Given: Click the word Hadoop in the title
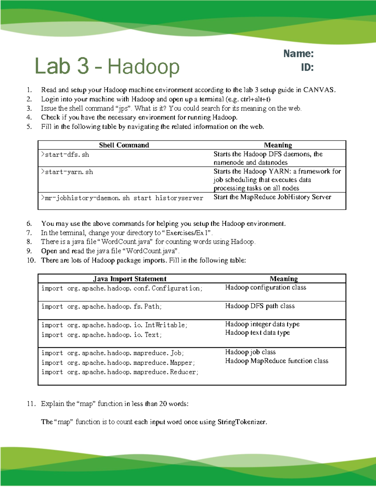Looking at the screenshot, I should pyautogui.click(x=144, y=67).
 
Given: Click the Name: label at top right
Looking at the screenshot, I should pyautogui.click(x=298, y=54).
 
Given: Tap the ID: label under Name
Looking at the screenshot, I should pyautogui.click(x=307, y=67).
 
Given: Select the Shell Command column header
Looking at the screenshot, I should pyautogui.click(x=124, y=145).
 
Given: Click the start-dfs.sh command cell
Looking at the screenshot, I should pyautogui.click(x=65, y=155).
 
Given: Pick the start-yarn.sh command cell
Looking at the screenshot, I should pyautogui.click(x=67, y=172).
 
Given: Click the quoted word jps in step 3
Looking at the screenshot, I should pyautogui.click(x=123, y=109).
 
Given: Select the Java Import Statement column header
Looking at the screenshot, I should pyautogui.click(x=130, y=279).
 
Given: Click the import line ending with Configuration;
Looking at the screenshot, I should pyautogui.click(x=122, y=288).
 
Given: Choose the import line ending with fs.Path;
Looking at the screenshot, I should pyautogui.click(x=102, y=307).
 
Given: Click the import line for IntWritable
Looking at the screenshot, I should pyautogui.click(x=114, y=325).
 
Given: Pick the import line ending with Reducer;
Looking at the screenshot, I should pyautogui.click(x=120, y=372).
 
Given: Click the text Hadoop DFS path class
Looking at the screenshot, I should pyautogui.click(x=260, y=306).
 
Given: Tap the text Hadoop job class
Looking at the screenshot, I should pyautogui.click(x=250, y=352).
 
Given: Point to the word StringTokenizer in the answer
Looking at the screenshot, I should pyautogui.click(x=242, y=422).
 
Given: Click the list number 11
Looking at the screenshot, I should pyautogui.click(x=31, y=404).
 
